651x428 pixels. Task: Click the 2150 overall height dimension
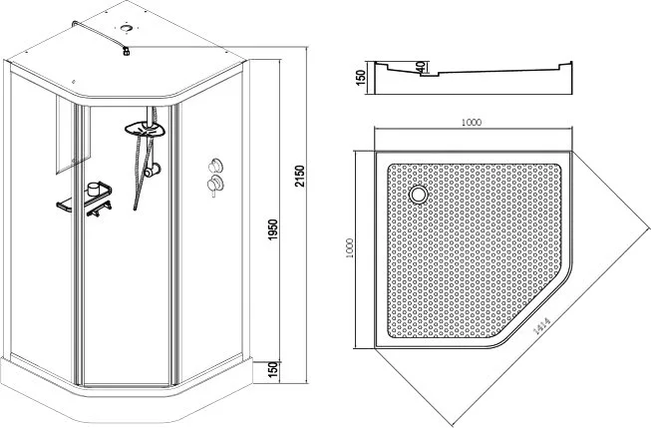[x=300, y=177]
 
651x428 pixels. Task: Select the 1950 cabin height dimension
[x=272, y=229]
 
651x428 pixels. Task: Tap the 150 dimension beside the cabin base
[x=272, y=370]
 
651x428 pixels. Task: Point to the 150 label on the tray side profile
[x=360, y=78]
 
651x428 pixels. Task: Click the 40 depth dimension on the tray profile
[x=420, y=67]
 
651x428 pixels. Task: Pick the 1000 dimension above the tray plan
[x=472, y=122]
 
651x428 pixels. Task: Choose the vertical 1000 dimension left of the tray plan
[x=349, y=248]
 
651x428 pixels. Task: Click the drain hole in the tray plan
[x=419, y=195]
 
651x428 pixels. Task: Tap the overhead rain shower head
[x=146, y=130]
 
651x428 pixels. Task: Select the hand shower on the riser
[x=152, y=170]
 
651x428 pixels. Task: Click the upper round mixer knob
[x=216, y=165]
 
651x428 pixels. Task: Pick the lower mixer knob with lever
[x=215, y=184]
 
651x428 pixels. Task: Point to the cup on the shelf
[x=95, y=190]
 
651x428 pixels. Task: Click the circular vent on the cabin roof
[x=126, y=28]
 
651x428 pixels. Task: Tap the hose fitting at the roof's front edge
[x=127, y=52]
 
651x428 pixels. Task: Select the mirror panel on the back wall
[x=73, y=135]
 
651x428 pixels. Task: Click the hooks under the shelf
[x=99, y=209]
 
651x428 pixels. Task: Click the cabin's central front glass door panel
[x=126, y=245]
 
